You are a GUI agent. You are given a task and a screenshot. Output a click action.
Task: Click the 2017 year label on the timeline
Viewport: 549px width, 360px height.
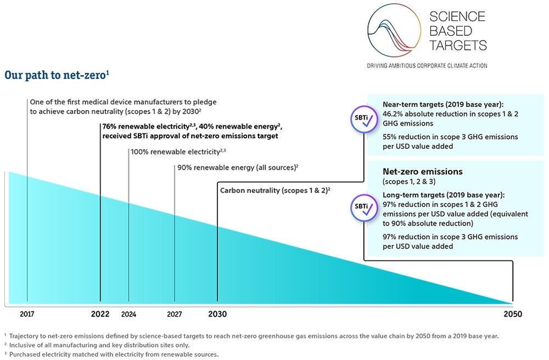(x=27, y=315)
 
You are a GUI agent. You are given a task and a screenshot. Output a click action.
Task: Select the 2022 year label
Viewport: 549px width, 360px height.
(x=100, y=314)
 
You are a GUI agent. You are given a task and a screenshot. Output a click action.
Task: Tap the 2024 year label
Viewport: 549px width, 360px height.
(x=128, y=315)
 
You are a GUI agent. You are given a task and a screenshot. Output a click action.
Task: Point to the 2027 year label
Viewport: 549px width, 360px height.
(x=175, y=315)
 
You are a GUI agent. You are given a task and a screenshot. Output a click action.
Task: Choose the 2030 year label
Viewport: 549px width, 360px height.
(x=217, y=314)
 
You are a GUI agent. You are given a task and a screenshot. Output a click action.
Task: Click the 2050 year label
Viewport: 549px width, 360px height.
(x=513, y=314)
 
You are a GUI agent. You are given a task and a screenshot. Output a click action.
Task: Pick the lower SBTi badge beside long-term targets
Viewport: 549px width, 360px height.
(x=362, y=207)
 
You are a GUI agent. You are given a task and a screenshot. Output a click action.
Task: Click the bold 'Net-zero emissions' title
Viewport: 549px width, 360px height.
(x=422, y=172)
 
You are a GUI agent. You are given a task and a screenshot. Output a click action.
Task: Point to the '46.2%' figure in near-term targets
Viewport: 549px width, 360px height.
(x=394, y=113)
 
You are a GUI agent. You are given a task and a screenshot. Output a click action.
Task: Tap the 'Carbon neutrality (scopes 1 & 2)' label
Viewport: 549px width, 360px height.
(x=274, y=190)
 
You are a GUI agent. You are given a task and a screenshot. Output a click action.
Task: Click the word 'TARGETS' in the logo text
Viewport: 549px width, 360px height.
(x=458, y=45)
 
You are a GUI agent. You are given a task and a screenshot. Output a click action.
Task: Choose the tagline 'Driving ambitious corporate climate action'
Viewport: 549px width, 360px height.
(x=427, y=66)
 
